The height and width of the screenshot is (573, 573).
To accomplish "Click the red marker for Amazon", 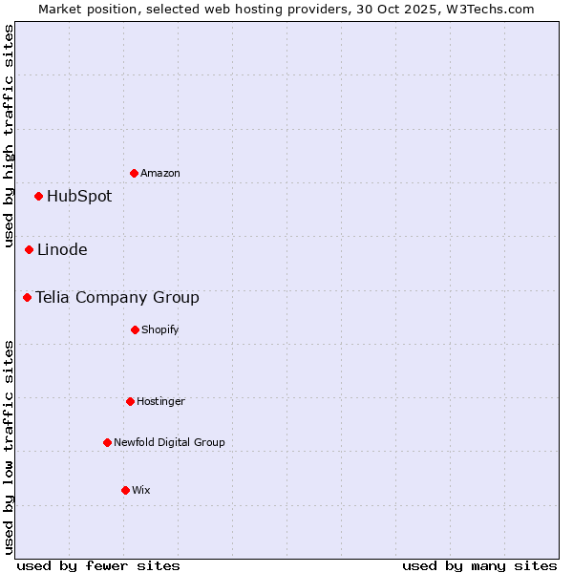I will [x=134, y=173].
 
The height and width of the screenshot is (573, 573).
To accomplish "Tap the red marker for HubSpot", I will [x=39, y=196].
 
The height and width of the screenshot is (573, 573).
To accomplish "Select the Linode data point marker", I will [x=30, y=249].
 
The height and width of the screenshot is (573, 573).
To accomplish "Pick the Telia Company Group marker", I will [x=28, y=297].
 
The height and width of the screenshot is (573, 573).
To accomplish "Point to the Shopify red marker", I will [x=135, y=329].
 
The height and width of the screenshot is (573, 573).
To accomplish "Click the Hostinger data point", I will [x=130, y=401].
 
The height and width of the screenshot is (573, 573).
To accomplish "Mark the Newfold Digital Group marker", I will [x=107, y=442].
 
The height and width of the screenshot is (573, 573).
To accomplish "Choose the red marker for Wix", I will [x=125, y=490].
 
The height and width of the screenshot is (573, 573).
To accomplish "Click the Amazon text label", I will [x=160, y=173].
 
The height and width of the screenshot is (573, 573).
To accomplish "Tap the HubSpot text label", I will [x=79, y=197].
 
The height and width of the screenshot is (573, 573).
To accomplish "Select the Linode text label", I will [x=62, y=250].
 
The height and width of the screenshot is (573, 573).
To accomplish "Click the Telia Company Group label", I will [x=117, y=298].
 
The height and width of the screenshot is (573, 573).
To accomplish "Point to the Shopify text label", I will [x=160, y=329].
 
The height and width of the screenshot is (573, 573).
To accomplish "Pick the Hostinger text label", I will [x=160, y=401].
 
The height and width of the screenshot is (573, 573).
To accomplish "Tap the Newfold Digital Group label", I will [x=169, y=442].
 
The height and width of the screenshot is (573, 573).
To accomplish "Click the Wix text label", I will [x=141, y=490].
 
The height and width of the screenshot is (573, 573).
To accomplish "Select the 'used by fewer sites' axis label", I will [x=98, y=565].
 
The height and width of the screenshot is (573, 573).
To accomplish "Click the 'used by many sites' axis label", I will [x=479, y=565].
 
